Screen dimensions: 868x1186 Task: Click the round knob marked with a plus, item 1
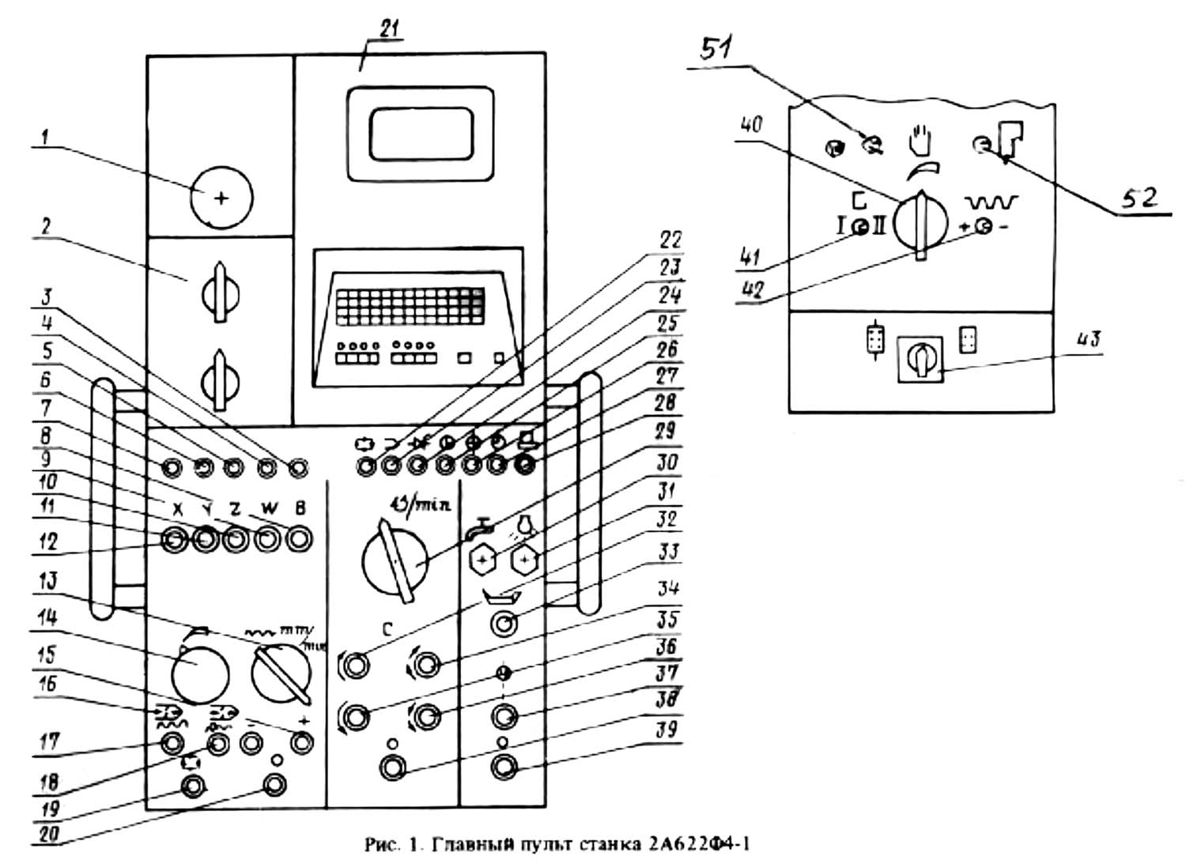click(x=221, y=197)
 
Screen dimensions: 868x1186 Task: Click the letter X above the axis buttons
click(x=177, y=509)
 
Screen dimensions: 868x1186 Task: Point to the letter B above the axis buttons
click(x=300, y=509)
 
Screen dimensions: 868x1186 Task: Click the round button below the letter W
click(x=268, y=540)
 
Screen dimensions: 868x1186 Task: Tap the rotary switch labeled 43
click(x=920, y=360)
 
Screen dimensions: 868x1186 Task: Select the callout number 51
click(x=716, y=49)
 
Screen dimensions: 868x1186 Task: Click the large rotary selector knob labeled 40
click(x=920, y=222)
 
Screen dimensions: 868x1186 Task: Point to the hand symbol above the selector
click(x=920, y=141)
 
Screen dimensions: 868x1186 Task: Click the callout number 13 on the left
click(x=49, y=583)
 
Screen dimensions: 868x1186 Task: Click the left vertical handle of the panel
click(x=104, y=498)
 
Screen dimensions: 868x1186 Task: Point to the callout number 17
click(x=49, y=742)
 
